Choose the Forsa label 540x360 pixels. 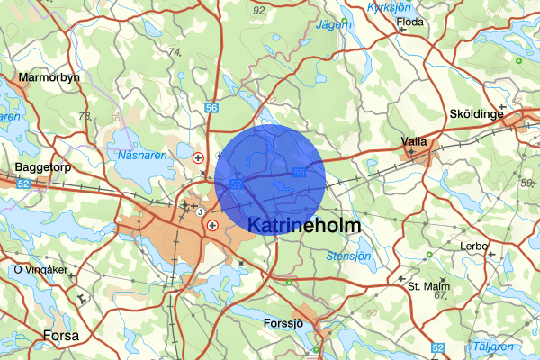pos(60,336)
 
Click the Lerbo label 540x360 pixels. pos(473,246)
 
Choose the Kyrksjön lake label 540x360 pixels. pos(389,6)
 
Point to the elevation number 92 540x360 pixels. pos(260,10)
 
